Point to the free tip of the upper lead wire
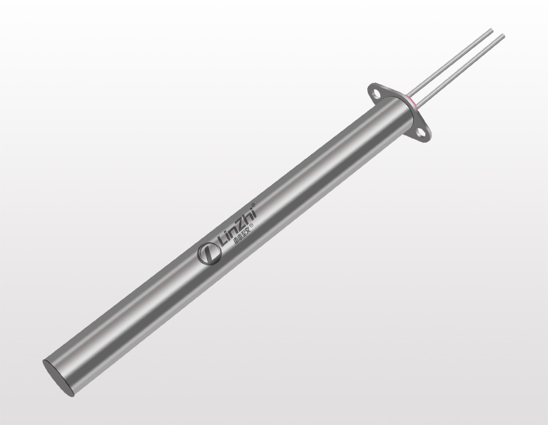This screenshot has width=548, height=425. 491,29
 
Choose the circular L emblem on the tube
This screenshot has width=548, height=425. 207,254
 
